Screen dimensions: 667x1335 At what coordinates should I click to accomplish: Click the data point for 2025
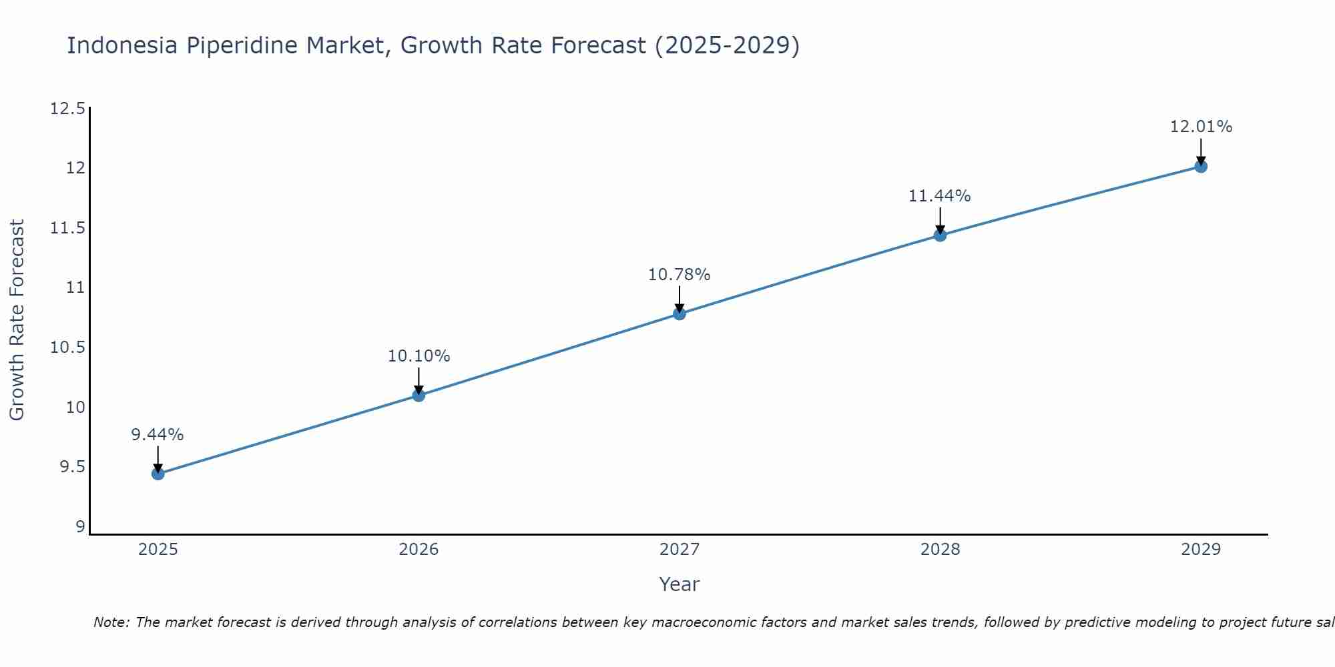[158, 474]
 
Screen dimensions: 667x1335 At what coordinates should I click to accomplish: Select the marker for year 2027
[680, 313]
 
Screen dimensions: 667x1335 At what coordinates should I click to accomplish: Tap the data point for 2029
[1201, 166]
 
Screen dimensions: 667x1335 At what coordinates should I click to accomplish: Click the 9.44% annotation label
[157, 435]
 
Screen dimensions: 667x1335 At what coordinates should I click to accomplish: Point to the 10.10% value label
[419, 356]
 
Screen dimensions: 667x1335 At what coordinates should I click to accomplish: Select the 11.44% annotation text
[939, 196]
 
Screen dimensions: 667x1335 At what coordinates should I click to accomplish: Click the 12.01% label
[1201, 127]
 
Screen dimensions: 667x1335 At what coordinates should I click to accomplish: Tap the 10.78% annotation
[679, 275]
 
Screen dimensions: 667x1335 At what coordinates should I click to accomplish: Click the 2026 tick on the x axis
[419, 550]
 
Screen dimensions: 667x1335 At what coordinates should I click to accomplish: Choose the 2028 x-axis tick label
[940, 550]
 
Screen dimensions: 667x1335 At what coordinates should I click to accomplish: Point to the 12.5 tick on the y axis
[67, 109]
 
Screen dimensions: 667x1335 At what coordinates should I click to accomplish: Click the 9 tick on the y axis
[81, 527]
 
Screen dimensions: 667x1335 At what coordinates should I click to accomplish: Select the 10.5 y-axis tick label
[67, 348]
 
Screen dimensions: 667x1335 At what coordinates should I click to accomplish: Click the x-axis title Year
[679, 584]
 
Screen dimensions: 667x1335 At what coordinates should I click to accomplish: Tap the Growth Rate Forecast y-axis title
[17, 320]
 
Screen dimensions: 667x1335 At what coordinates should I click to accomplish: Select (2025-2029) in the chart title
[726, 45]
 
